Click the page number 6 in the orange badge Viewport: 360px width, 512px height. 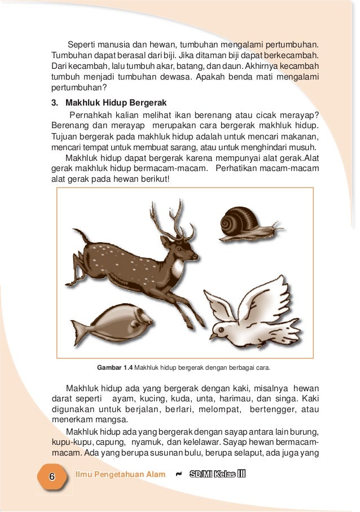click(51, 476)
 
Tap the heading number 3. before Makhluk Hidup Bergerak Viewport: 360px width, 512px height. click(55, 103)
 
